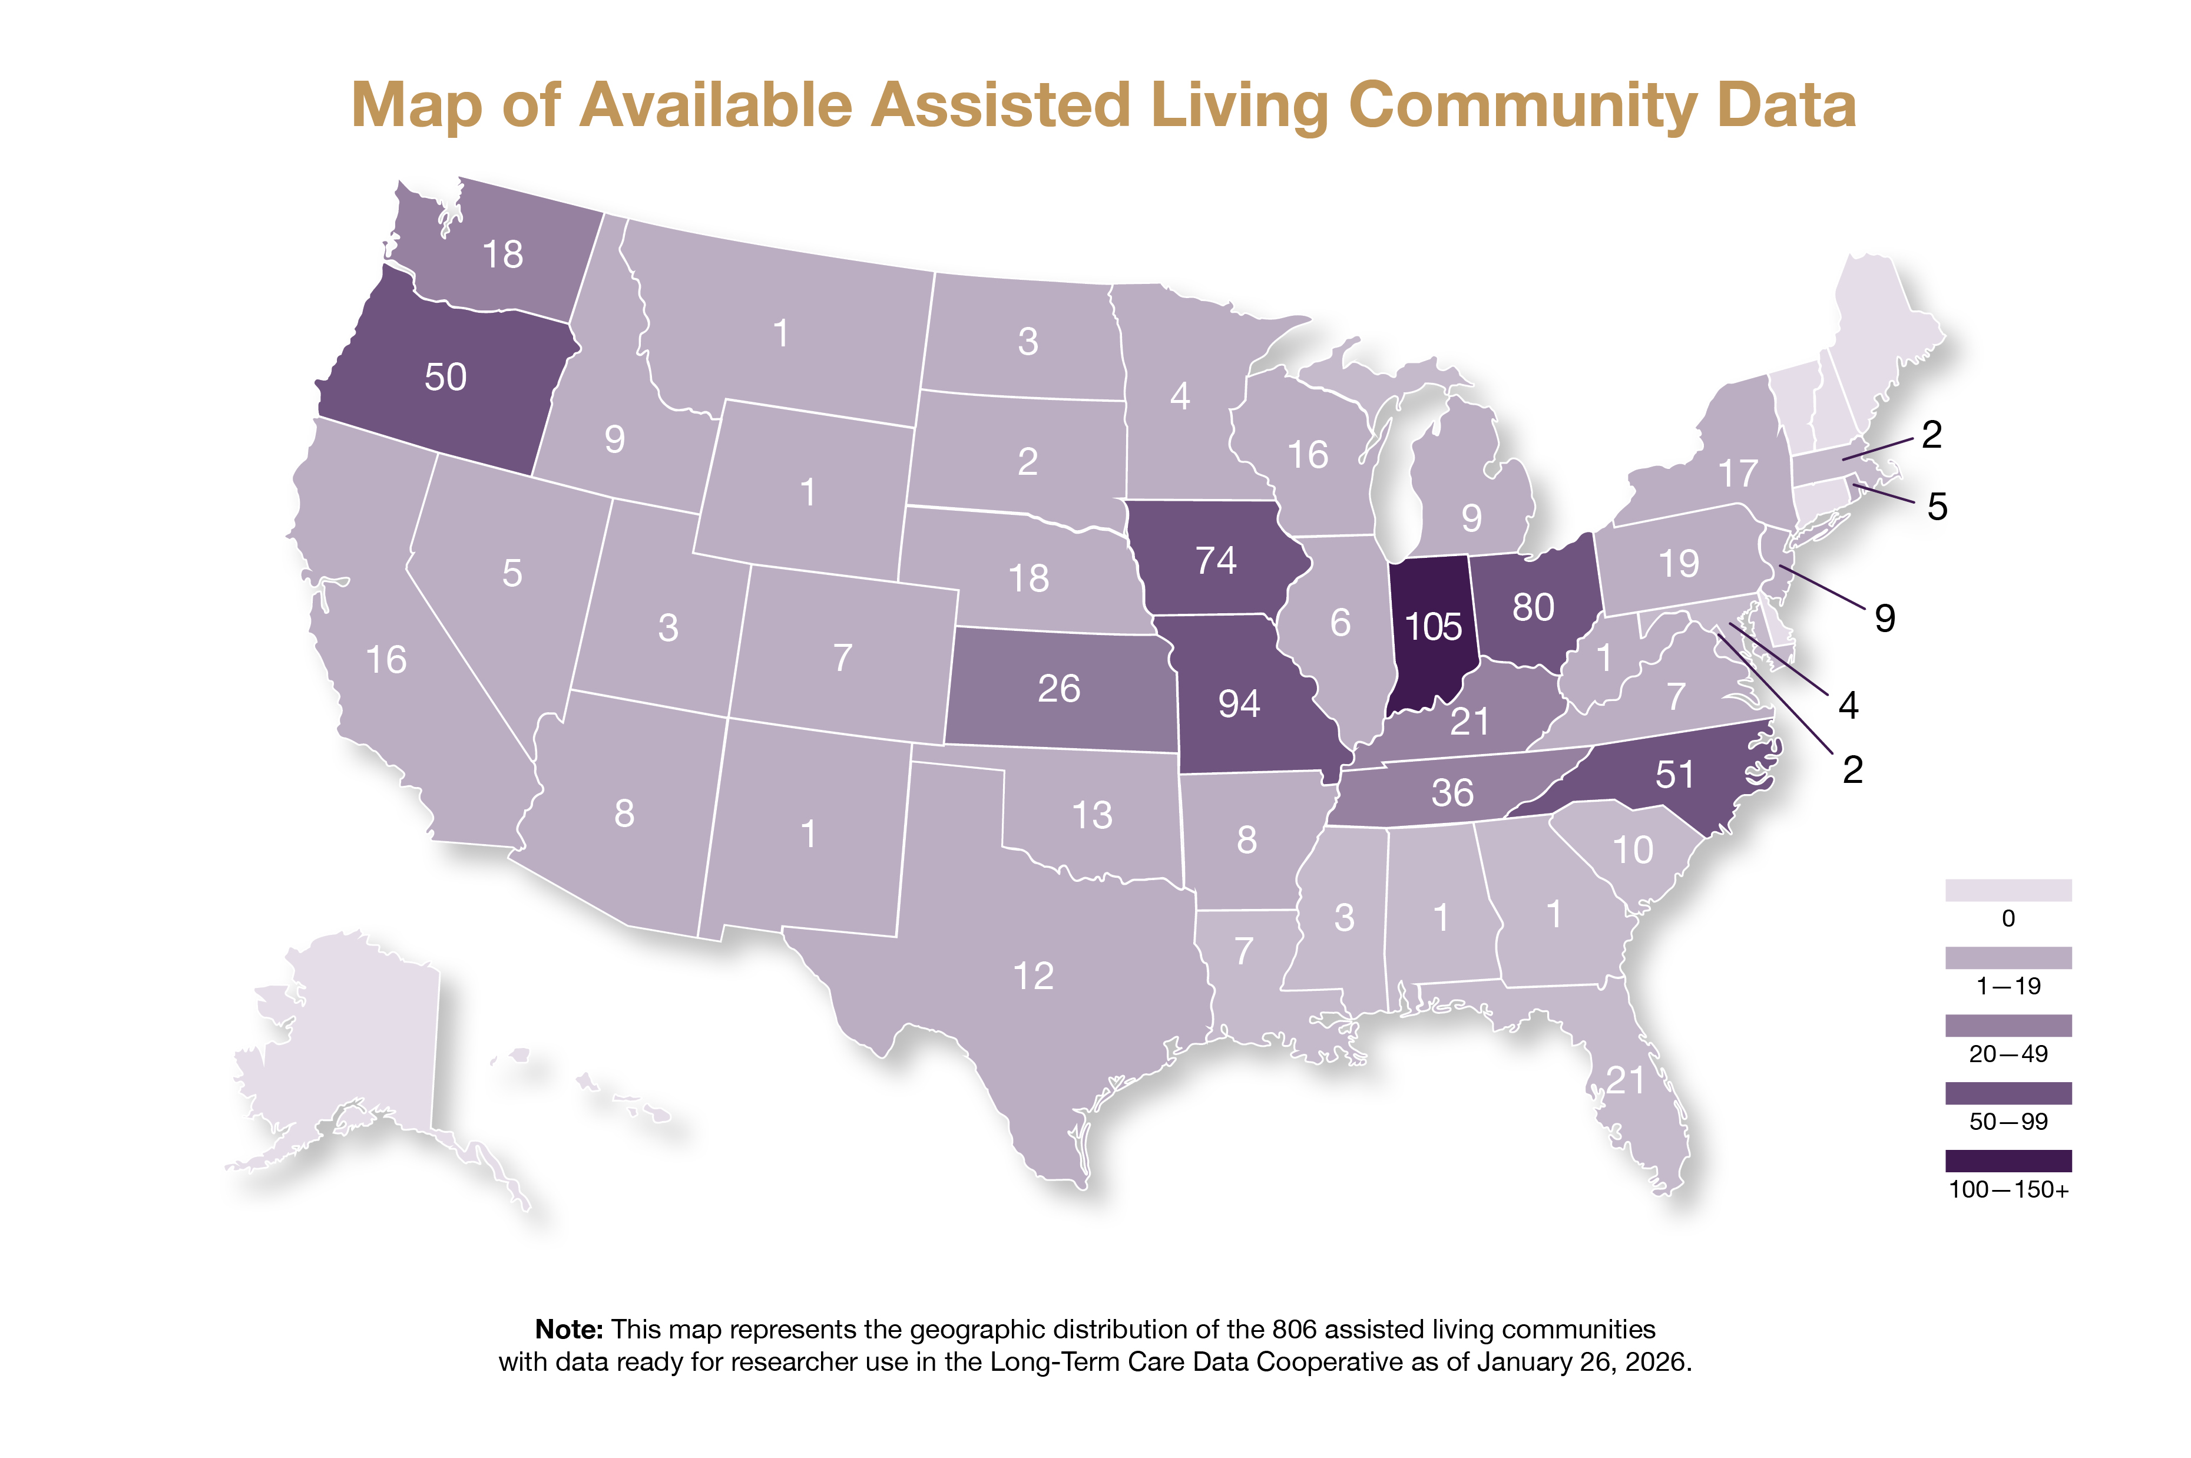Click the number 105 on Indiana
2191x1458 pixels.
pyautogui.click(x=1432, y=627)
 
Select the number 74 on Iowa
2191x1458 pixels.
pyautogui.click(x=1215, y=561)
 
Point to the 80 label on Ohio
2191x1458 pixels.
pyautogui.click(x=1533, y=608)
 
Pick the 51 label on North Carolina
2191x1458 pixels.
pyautogui.click(x=1674, y=775)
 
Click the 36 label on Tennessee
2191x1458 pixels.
pyautogui.click(x=1452, y=793)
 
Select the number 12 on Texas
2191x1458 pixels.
pyautogui.click(x=1032, y=976)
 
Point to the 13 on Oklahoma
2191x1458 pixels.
pyautogui.click(x=1091, y=815)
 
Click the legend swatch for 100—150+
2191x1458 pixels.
pyautogui.click(x=2008, y=1161)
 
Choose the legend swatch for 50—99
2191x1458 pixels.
pyautogui.click(x=2008, y=1093)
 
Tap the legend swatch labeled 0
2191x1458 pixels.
pyautogui.click(x=2008, y=890)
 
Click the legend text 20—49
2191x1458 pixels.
pyautogui.click(x=2008, y=1053)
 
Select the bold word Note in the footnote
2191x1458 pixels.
pyautogui.click(x=567, y=1330)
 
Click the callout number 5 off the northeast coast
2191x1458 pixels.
pyautogui.click(x=1937, y=507)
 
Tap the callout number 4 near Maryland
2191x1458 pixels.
pyautogui.click(x=1848, y=706)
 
